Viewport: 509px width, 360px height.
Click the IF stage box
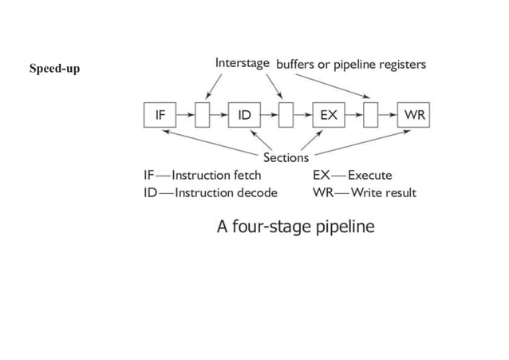click(160, 116)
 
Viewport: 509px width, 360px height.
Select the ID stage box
click(244, 116)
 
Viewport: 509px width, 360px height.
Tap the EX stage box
click(328, 116)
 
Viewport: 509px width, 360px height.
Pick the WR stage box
click(414, 116)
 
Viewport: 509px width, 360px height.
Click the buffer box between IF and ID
click(202, 116)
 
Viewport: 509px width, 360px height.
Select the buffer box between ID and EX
click(286, 116)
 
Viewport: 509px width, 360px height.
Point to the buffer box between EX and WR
click(371, 116)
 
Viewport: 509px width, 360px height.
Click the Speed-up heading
click(54, 68)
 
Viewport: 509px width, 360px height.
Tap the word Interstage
click(243, 62)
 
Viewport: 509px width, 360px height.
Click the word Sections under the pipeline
click(285, 157)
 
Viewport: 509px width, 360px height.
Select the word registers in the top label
click(400, 64)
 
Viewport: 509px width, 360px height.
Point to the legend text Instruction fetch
click(216, 176)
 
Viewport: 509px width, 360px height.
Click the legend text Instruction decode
click(226, 192)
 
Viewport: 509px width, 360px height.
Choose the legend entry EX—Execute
click(352, 176)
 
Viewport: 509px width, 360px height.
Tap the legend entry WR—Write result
click(364, 192)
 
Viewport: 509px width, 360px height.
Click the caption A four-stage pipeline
click(295, 227)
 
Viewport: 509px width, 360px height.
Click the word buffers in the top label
click(296, 64)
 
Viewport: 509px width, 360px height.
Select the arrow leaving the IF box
click(184, 116)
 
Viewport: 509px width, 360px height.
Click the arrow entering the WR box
click(389, 116)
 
